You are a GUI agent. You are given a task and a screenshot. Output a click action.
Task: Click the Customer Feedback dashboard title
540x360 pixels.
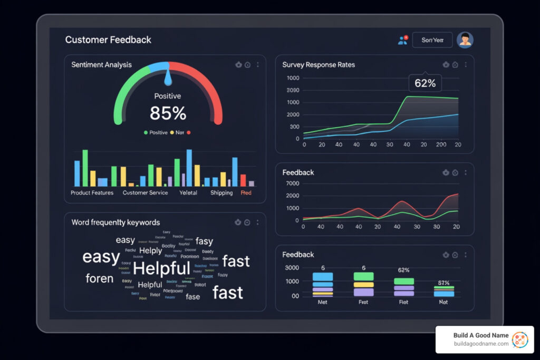[108, 40]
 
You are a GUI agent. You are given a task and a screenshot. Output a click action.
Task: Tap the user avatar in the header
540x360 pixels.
[465, 40]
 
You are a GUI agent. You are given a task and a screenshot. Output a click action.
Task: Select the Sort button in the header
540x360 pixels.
[432, 40]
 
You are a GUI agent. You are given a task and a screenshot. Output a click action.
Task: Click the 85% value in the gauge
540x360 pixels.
[168, 113]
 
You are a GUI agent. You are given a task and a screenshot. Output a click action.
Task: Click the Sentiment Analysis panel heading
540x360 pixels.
[101, 65]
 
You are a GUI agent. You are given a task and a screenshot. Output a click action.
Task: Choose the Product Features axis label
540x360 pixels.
[92, 193]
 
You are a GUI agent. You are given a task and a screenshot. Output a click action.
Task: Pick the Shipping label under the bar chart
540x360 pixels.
[221, 193]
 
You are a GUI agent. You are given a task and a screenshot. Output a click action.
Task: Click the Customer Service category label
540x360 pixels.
[145, 193]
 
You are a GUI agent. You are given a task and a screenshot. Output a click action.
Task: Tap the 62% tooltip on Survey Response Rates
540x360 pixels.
[425, 83]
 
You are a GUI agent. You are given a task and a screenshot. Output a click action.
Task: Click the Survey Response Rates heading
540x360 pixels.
[319, 65]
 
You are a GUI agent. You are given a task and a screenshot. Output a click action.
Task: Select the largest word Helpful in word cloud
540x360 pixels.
[161, 268]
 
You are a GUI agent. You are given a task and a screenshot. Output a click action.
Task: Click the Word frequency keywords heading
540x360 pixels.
[115, 222]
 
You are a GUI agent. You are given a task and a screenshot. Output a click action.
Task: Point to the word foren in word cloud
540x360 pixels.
[99, 278]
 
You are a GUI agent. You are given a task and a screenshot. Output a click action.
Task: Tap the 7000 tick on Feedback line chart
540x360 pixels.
[292, 183]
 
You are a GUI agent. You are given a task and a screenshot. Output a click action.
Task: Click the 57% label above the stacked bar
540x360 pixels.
[443, 283]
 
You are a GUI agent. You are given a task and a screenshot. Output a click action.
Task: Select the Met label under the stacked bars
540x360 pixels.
[323, 303]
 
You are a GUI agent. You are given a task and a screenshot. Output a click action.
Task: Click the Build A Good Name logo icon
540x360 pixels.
[520, 339]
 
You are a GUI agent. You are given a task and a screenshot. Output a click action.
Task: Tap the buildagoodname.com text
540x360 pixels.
[481, 344]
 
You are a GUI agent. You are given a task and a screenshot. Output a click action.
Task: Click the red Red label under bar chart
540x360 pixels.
[246, 193]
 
